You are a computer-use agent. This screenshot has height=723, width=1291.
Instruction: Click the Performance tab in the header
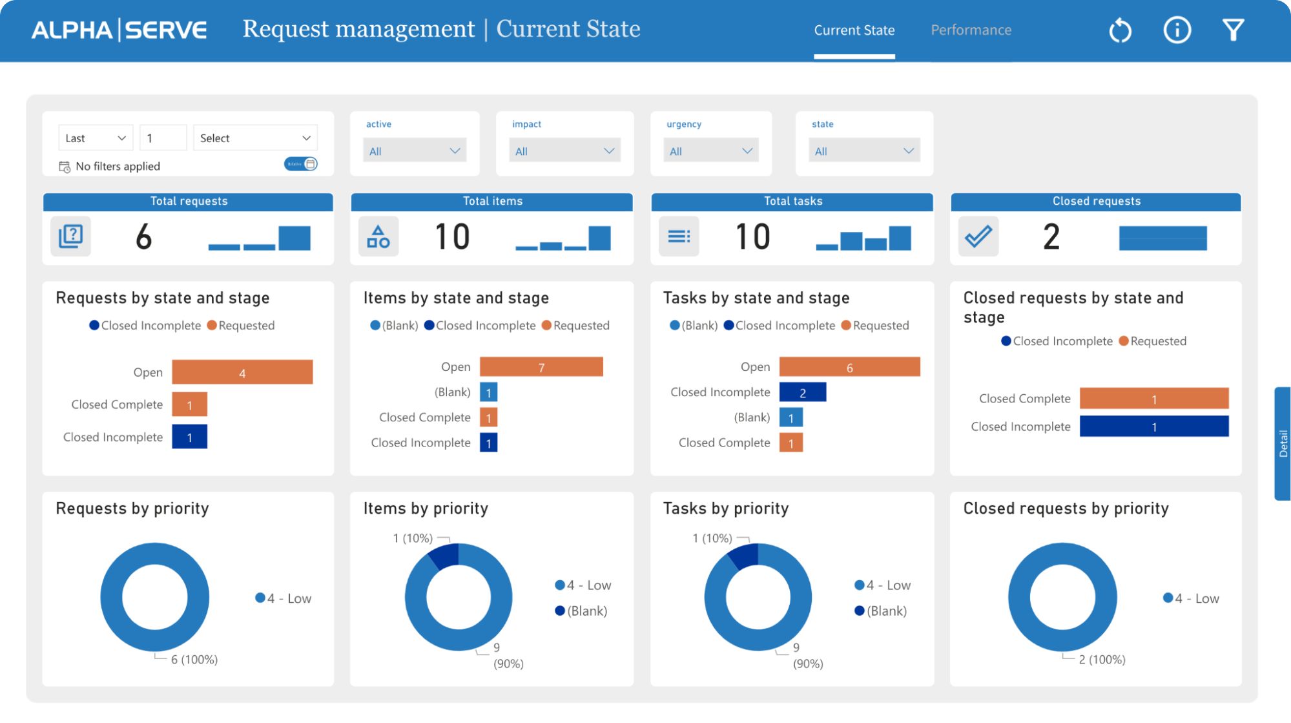point(971,30)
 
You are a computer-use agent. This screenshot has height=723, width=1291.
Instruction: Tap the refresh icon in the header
point(1120,30)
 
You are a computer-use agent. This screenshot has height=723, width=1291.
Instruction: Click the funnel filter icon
point(1233,30)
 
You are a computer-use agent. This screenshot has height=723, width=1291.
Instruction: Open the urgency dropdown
point(710,151)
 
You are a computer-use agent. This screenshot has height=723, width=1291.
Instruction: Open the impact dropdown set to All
point(564,151)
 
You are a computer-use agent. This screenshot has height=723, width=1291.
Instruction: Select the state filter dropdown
point(863,151)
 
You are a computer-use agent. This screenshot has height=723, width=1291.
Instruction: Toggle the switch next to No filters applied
point(301,164)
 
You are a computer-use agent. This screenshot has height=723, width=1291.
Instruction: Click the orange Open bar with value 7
point(541,367)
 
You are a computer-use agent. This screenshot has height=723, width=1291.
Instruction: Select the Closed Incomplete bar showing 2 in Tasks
point(803,392)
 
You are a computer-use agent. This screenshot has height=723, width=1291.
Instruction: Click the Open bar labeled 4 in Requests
point(242,373)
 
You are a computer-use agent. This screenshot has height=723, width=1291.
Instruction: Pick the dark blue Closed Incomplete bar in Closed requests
point(1153,426)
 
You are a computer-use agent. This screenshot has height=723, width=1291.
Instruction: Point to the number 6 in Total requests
point(143,236)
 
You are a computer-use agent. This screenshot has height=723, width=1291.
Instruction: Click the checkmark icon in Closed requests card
point(978,236)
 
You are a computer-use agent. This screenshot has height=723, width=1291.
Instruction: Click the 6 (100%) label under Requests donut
point(194,660)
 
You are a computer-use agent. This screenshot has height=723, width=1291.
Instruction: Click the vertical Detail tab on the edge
point(1283,443)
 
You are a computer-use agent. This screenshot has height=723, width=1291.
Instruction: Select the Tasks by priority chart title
point(726,508)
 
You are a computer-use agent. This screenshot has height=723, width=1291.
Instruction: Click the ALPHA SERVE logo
point(119,30)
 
